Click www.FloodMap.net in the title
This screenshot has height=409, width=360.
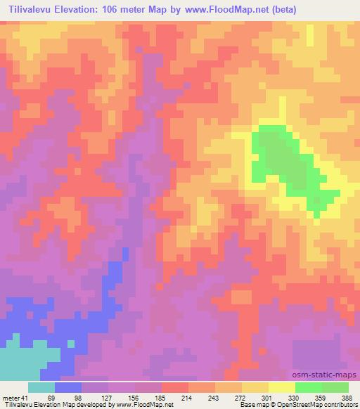pos(217,10)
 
